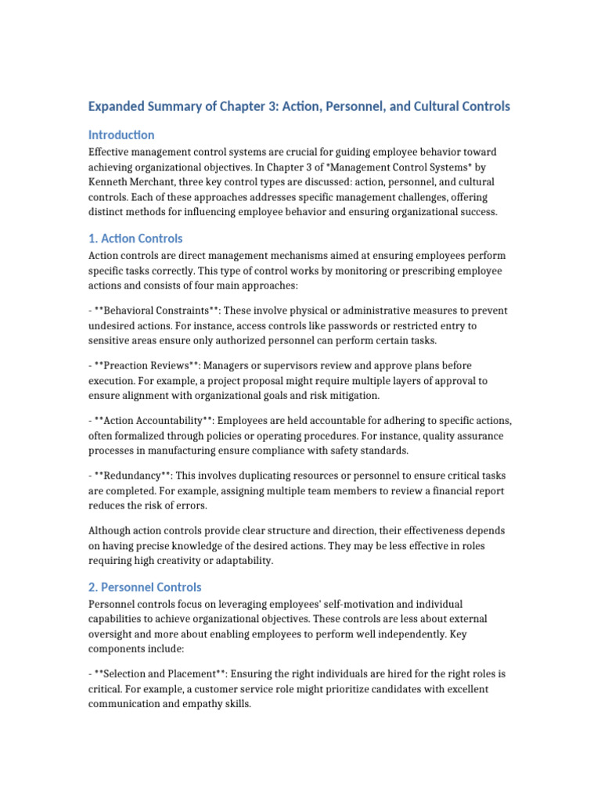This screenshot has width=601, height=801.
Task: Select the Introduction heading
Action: pos(121,135)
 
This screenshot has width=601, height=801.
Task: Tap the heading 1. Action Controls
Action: pos(135,238)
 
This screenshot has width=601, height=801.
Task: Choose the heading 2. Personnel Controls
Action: pos(145,587)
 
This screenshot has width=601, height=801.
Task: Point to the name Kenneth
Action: pos(111,181)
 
